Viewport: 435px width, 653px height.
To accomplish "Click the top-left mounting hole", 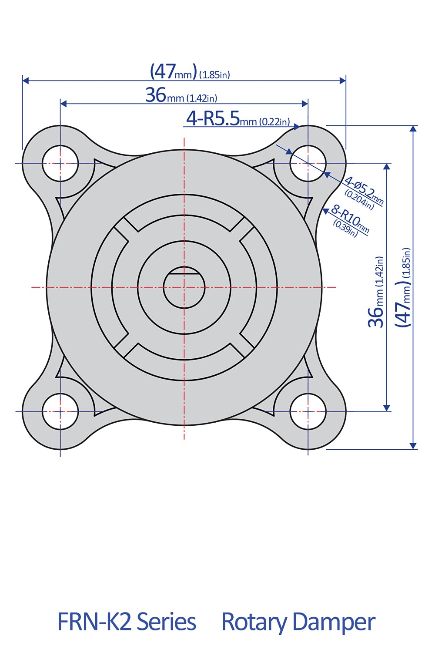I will pyautogui.click(x=60, y=164).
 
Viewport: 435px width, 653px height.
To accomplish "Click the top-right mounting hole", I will pyautogui.click(x=308, y=164).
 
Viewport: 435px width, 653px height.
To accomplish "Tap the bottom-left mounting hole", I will pyautogui.click(x=60, y=411).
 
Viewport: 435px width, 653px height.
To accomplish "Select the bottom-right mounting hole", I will pyautogui.click(x=308, y=411).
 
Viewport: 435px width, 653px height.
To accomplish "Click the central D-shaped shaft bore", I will pyautogui.click(x=184, y=288).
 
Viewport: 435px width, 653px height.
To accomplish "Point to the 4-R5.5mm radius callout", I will pyautogui.click(x=238, y=118).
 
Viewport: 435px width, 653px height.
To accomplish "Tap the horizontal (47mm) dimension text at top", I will pyautogui.click(x=190, y=72).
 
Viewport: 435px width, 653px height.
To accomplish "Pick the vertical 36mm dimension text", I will pyautogui.click(x=377, y=292).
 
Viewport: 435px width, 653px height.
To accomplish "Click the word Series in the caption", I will pyautogui.click(x=166, y=622).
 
